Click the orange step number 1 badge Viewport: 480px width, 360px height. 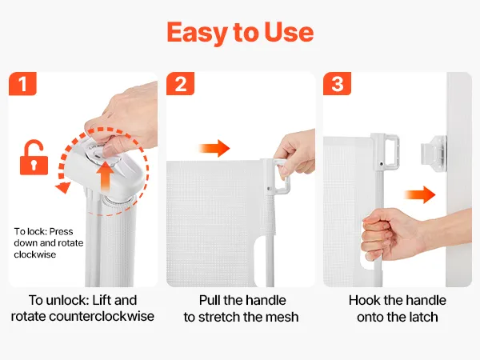pos(22,83)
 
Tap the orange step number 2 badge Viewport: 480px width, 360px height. pos(180,83)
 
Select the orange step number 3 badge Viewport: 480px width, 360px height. pos(337,83)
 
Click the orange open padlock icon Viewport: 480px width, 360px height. pos(34,158)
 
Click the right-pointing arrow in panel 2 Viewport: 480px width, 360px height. pos(214,149)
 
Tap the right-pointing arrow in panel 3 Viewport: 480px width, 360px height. pos(420,194)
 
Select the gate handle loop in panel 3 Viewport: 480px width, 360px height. pos(389,151)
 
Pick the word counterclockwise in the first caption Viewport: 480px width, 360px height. pos(102,316)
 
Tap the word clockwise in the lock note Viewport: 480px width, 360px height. pos(35,254)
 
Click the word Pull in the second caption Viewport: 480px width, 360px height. pos(210,300)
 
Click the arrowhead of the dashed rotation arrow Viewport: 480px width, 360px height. pos(63,187)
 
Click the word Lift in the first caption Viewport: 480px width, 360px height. pos(101,300)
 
